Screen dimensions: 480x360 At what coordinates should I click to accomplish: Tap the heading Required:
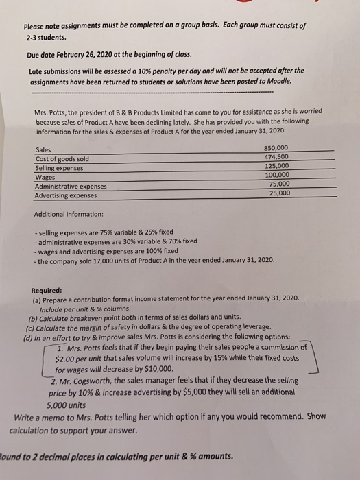point(46,290)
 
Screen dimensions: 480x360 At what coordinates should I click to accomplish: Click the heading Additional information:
point(69,215)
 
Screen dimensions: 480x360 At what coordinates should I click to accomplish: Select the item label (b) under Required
point(32,317)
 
